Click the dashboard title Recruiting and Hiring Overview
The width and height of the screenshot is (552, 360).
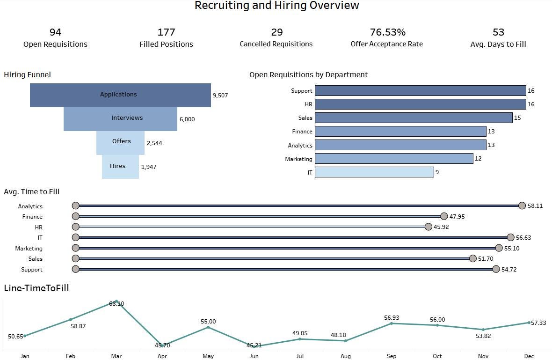click(x=276, y=6)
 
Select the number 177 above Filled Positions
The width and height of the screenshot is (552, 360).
click(x=166, y=32)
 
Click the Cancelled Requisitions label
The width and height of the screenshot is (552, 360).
click(x=276, y=44)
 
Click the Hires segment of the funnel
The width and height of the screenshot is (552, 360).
click(x=120, y=167)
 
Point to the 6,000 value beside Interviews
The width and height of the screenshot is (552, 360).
click(x=187, y=119)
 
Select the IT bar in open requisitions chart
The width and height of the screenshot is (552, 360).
click(x=374, y=172)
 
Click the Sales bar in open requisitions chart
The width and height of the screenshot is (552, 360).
click(x=414, y=118)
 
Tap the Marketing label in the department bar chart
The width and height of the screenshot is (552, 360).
click(x=298, y=159)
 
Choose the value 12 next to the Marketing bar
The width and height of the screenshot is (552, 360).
click(x=478, y=159)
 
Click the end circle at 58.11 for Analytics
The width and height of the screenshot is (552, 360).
click(x=522, y=206)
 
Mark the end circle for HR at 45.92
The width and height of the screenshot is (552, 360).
click(x=429, y=227)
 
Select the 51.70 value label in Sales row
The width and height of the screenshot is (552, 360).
click(x=486, y=259)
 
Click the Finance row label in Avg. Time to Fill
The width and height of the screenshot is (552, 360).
click(x=32, y=217)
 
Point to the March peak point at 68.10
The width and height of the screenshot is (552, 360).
click(x=116, y=301)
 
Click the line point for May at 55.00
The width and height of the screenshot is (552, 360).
click(x=208, y=327)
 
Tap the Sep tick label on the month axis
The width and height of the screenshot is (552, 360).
click(x=391, y=356)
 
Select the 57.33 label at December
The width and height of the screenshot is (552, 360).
click(x=538, y=323)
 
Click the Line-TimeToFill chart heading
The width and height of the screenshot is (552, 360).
click(x=36, y=288)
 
